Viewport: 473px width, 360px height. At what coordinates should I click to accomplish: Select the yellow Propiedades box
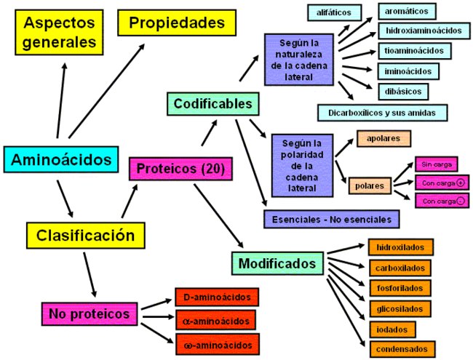point(177,23)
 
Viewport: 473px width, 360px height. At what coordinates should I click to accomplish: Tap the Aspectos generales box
point(60,33)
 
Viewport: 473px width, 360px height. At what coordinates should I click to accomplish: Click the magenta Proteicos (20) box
point(181,169)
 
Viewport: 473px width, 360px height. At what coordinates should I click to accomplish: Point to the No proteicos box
point(89,314)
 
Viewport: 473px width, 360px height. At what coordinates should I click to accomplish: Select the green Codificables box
point(213,104)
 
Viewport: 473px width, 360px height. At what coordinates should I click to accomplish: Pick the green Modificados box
point(278,263)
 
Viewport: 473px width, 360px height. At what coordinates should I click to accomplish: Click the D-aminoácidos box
point(216,297)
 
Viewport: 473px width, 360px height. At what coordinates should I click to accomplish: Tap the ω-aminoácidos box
point(216,343)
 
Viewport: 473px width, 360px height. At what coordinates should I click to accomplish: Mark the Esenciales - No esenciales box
point(331,219)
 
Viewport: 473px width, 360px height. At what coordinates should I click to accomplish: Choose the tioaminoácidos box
point(413,51)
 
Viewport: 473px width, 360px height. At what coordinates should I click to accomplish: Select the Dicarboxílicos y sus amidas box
point(382,113)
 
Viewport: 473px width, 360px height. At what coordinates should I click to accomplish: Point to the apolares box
point(383,138)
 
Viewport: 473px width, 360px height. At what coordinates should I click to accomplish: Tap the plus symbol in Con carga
point(460,183)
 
